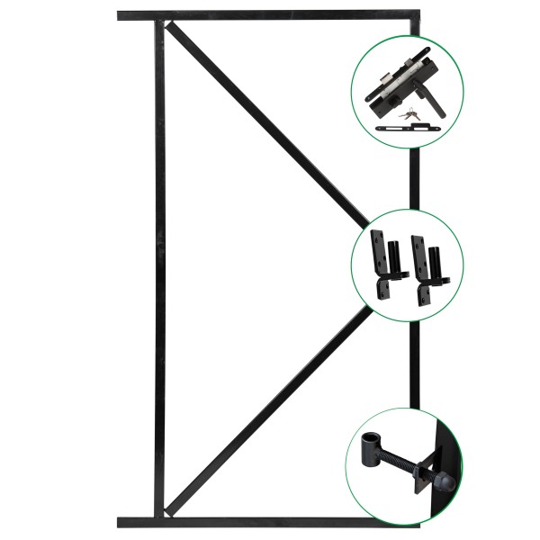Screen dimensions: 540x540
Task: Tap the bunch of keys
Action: click(411, 114)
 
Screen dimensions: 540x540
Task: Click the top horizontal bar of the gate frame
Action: click(270, 15)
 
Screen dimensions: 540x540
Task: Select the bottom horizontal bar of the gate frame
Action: click(270, 522)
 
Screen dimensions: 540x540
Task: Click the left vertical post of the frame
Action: click(159, 270)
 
